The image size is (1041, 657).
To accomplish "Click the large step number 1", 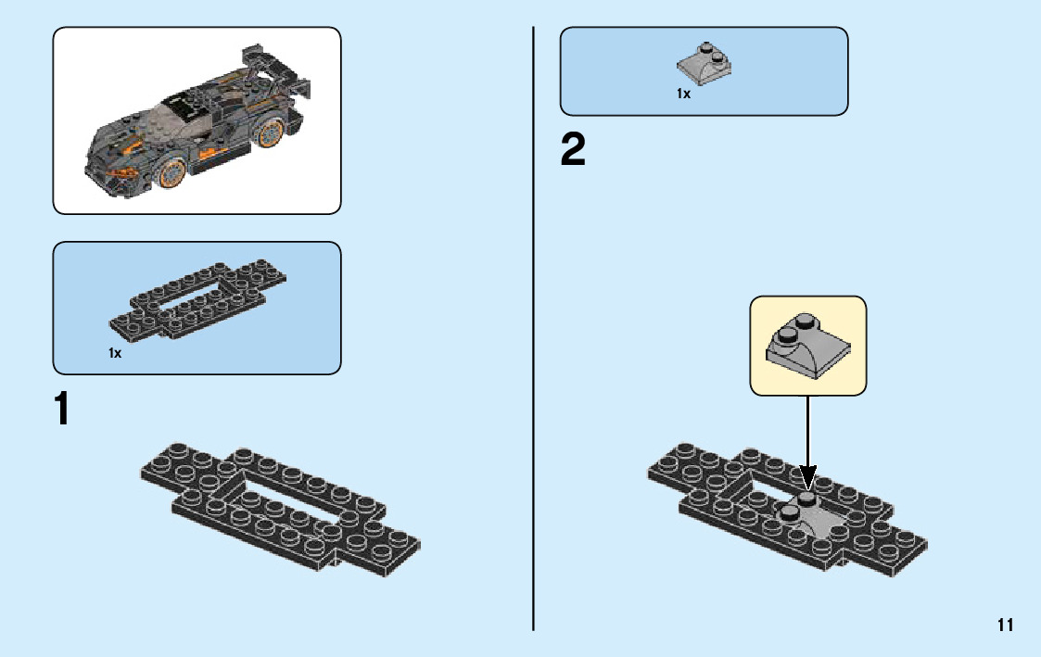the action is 61,410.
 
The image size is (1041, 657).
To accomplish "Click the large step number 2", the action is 573,151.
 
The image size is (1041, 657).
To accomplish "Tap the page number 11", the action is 1006,625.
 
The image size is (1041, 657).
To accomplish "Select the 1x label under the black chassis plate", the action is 115,353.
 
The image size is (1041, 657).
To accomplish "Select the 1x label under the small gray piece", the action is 683,94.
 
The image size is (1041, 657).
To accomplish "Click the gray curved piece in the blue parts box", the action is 704,63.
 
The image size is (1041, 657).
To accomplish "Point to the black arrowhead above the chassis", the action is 807,476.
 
